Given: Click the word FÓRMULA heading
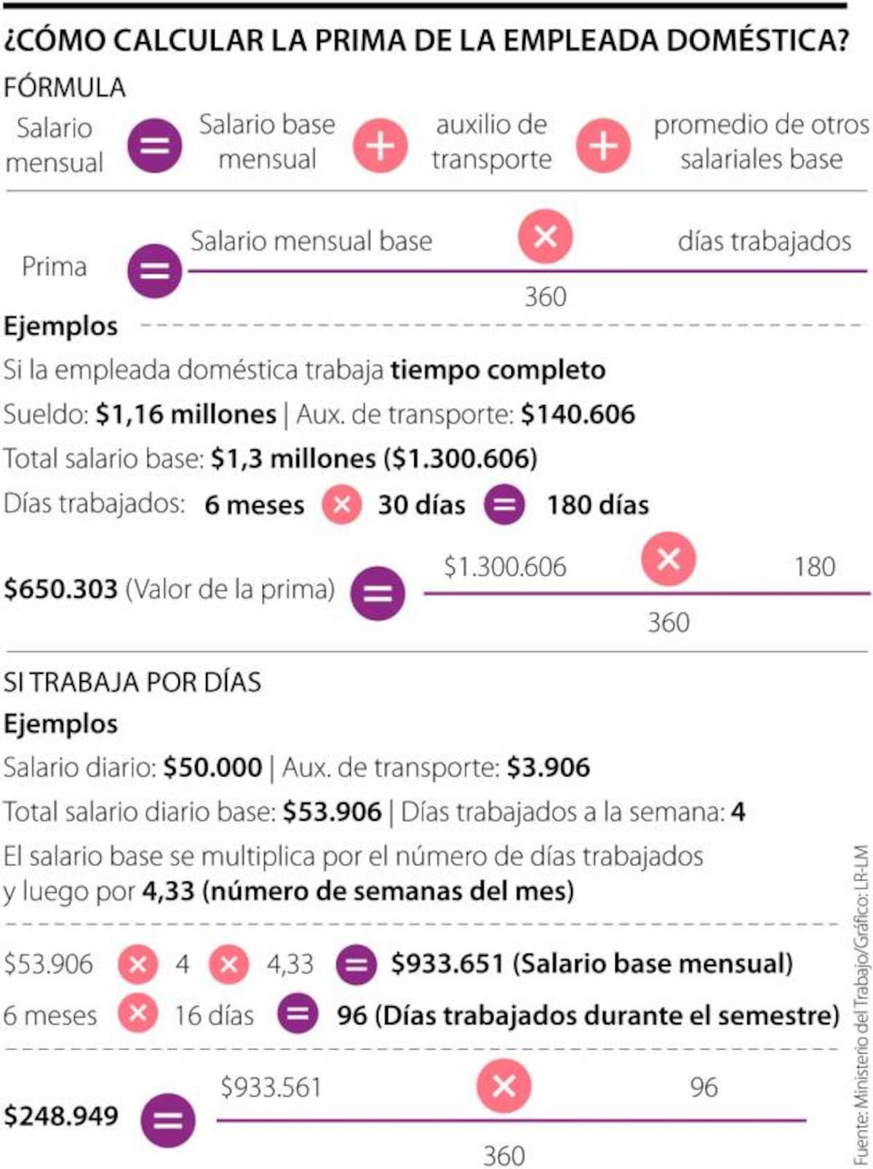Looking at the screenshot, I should [64, 87].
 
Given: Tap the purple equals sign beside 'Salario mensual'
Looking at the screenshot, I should [154, 145].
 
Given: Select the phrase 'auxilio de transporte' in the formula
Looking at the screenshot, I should [491, 142].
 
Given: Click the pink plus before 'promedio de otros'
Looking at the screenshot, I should [602, 145].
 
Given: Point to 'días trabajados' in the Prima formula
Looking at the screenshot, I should [764, 241].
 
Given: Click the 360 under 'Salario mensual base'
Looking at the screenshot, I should [545, 297].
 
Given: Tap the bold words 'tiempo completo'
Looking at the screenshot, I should [498, 370].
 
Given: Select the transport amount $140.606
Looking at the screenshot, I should [578, 414].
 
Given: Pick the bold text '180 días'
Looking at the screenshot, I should [597, 505].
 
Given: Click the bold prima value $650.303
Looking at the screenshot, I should [60, 589].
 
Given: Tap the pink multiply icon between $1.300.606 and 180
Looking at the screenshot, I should [668, 559].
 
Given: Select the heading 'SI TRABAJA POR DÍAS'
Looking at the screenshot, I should [132, 682].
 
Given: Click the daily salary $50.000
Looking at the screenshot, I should [212, 768].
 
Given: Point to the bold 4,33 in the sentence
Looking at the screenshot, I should [168, 891].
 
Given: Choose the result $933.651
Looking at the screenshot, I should [447, 964].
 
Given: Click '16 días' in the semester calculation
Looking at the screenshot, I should [214, 1015].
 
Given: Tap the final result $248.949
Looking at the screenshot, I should [61, 1115].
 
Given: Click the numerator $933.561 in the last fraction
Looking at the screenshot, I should [271, 1088].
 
